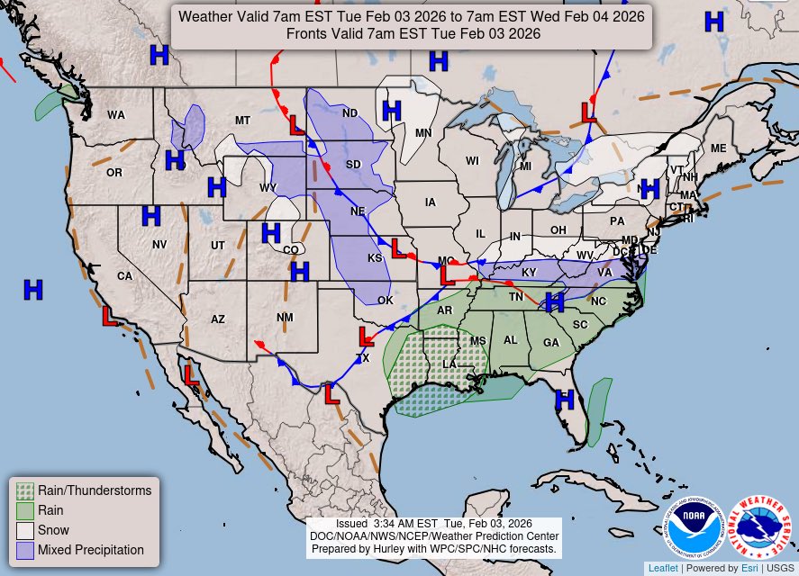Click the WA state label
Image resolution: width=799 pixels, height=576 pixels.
[x=116, y=115]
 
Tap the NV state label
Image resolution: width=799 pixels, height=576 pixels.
[x=159, y=245]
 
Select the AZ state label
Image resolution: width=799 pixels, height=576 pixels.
[x=218, y=319]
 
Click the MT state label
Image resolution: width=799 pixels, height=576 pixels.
[x=242, y=121]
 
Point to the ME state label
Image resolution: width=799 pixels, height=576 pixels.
[x=718, y=148]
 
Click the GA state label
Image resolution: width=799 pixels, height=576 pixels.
[x=550, y=342]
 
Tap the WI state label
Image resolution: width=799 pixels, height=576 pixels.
[x=472, y=161]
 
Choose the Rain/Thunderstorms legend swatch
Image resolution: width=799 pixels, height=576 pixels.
[x=25, y=490]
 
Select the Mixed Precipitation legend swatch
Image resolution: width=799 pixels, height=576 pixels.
[x=25, y=550]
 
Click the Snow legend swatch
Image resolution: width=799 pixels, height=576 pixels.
[x=25, y=530]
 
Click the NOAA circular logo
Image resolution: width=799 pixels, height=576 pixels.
[x=695, y=527]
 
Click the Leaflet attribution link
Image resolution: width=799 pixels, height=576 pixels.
[x=662, y=568]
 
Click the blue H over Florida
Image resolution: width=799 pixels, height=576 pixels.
[x=565, y=400]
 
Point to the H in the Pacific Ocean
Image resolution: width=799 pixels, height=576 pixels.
[x=33, y=290]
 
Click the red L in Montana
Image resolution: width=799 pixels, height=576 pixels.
[x=296, y=124]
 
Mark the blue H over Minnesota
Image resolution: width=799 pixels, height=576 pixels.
[x=391, y=111]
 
